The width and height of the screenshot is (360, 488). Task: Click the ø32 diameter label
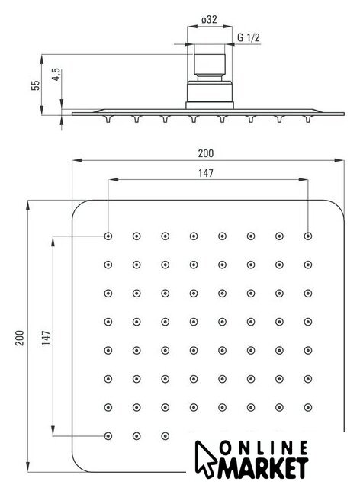(x=209, y=20)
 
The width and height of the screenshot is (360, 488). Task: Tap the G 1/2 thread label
(x=248, y=37)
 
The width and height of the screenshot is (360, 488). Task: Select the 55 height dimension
(x=36, y=85)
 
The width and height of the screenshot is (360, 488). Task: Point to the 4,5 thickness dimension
(x=56, y=75)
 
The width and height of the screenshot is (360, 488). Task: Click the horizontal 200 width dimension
(x=206, y=153)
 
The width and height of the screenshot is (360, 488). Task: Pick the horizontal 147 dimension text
(x=206, y=173)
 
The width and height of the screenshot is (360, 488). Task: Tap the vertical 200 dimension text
(x=20, y=338)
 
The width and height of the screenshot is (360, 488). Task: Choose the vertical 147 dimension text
(x=46, y=338)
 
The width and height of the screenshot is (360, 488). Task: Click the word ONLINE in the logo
(x=263, y=448)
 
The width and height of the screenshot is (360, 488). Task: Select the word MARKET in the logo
(x=263, y=468)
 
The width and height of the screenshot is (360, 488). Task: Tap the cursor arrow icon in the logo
(x=204, y=459)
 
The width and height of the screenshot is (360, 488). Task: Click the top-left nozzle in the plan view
(x=108, y=236)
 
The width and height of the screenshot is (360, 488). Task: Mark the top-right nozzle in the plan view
(x=308, y=236)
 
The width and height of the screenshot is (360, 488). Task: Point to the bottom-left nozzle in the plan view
(x=108, y=436)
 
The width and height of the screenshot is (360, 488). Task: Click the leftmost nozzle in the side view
(x=108, y=119)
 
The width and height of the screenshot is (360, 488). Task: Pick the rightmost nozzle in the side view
(x=308, y=119)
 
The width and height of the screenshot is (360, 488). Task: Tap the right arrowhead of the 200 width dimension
(x=339, y=160)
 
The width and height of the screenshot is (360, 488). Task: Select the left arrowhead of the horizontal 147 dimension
(x=114, y=180)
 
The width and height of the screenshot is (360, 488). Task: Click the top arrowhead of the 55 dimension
(x=41, y=59)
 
